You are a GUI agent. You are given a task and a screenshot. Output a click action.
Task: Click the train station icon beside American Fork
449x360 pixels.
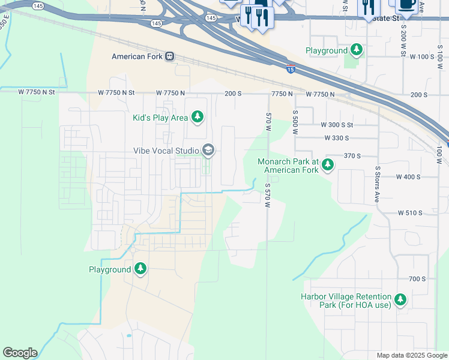[170, 56]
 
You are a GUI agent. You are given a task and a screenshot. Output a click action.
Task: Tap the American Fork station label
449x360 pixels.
[138, 56]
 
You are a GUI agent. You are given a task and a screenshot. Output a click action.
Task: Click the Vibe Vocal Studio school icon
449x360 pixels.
[208, 150]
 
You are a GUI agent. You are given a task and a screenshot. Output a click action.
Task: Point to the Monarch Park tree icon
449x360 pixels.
[327, 164]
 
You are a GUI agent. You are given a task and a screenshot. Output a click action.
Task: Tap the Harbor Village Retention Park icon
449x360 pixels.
[400, 299]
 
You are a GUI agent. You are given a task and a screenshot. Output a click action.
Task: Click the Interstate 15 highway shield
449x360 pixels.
[291, 69]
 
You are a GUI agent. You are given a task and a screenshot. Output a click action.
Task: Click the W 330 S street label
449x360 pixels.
[336, 138]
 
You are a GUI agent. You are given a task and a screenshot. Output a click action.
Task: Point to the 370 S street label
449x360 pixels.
[352, 155]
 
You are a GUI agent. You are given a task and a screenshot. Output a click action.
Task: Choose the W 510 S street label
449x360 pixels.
[410, 212]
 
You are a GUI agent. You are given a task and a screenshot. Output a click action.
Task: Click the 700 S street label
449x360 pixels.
[417, 279]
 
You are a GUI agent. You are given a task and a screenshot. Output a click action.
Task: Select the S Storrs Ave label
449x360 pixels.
[378, 184]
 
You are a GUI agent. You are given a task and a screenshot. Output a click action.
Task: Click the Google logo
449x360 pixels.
[20, 353]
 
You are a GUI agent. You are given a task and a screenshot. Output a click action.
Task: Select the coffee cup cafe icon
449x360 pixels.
[407, 5]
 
